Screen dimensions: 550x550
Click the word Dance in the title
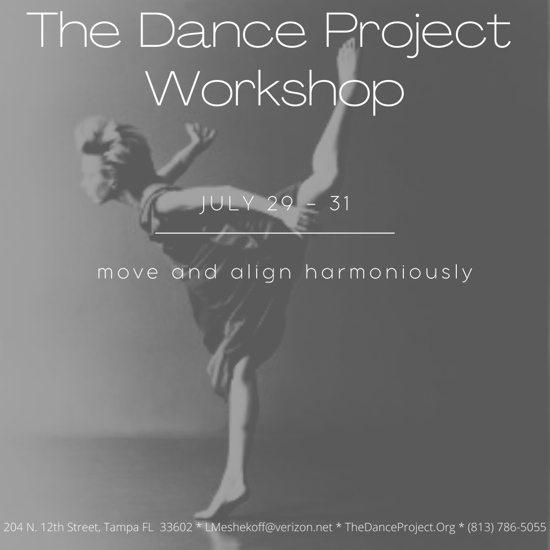[x=223, y=30]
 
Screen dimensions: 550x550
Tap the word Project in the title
[x=418, y=34]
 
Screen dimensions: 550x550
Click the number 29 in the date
[x=280, y=204]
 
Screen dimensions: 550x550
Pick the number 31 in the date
[x=340, y=204]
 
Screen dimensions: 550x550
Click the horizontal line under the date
[x=275, y=233]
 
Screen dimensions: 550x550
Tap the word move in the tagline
[x=128, y=272]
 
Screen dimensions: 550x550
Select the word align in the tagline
[x=261, y=272]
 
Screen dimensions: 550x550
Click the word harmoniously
[x=389, y=272]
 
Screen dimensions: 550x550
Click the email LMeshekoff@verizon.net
[x=269, y=527]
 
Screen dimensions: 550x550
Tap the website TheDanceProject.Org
[x=400, y=527]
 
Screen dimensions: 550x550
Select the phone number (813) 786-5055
[x=507, y=527]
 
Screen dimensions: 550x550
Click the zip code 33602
[x=176, y=527]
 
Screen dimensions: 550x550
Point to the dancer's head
[x=105, y=154]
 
